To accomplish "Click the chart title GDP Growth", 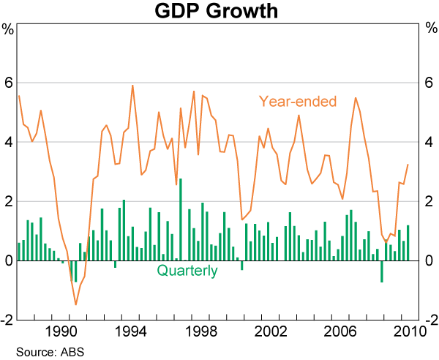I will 219,12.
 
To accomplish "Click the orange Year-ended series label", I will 297,101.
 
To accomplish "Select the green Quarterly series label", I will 187,271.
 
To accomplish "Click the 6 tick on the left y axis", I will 8,83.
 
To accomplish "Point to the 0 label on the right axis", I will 430,261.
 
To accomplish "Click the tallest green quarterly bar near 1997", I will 181,219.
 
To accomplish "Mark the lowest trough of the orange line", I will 75,304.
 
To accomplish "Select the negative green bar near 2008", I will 381,271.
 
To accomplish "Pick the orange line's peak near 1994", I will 132,86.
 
